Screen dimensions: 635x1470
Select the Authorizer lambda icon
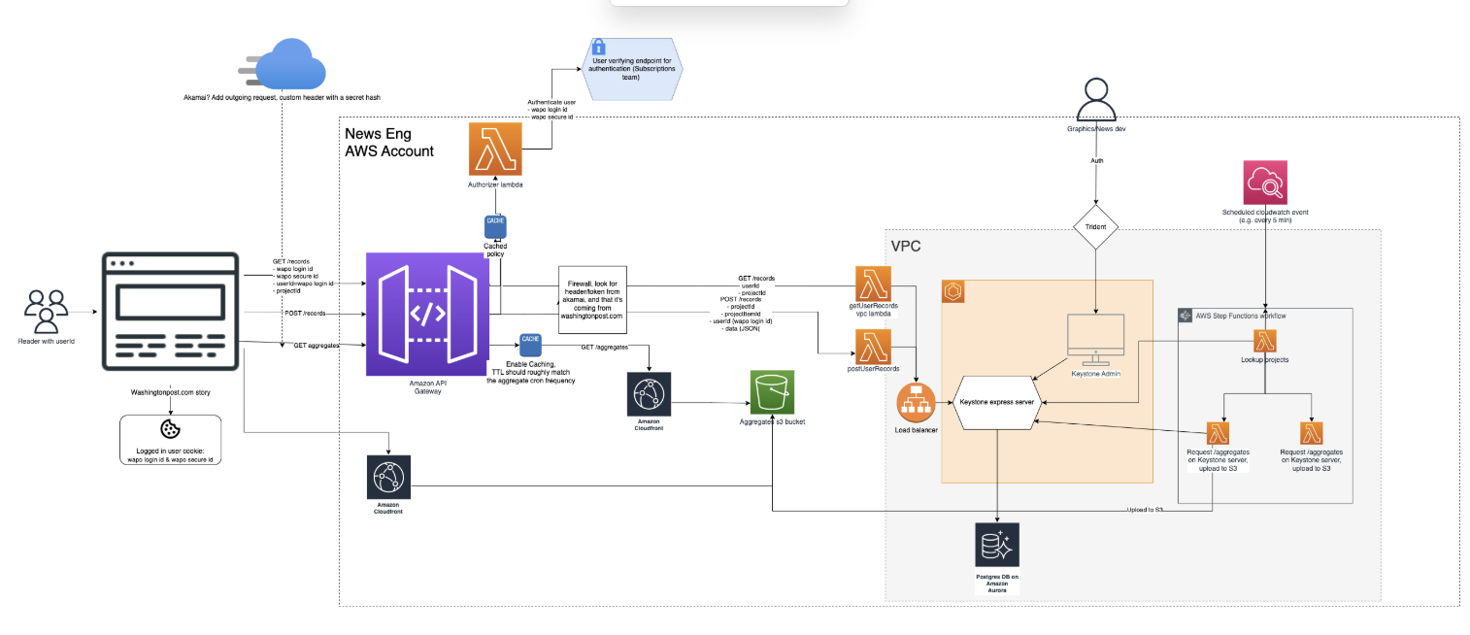[x=495, y=149]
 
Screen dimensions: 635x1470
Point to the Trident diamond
[x=1095, y=227]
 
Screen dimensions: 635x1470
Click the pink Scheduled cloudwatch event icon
[x=1265, y=183]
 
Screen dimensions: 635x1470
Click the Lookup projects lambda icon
[x=1265, y=341]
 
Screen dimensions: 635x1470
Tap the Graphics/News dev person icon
[x=1096, y=99]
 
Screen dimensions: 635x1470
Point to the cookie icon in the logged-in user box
[x=170, y=429]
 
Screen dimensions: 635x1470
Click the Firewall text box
[x=592, y=300]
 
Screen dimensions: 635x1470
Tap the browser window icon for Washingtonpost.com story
[x=170, y=312]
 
